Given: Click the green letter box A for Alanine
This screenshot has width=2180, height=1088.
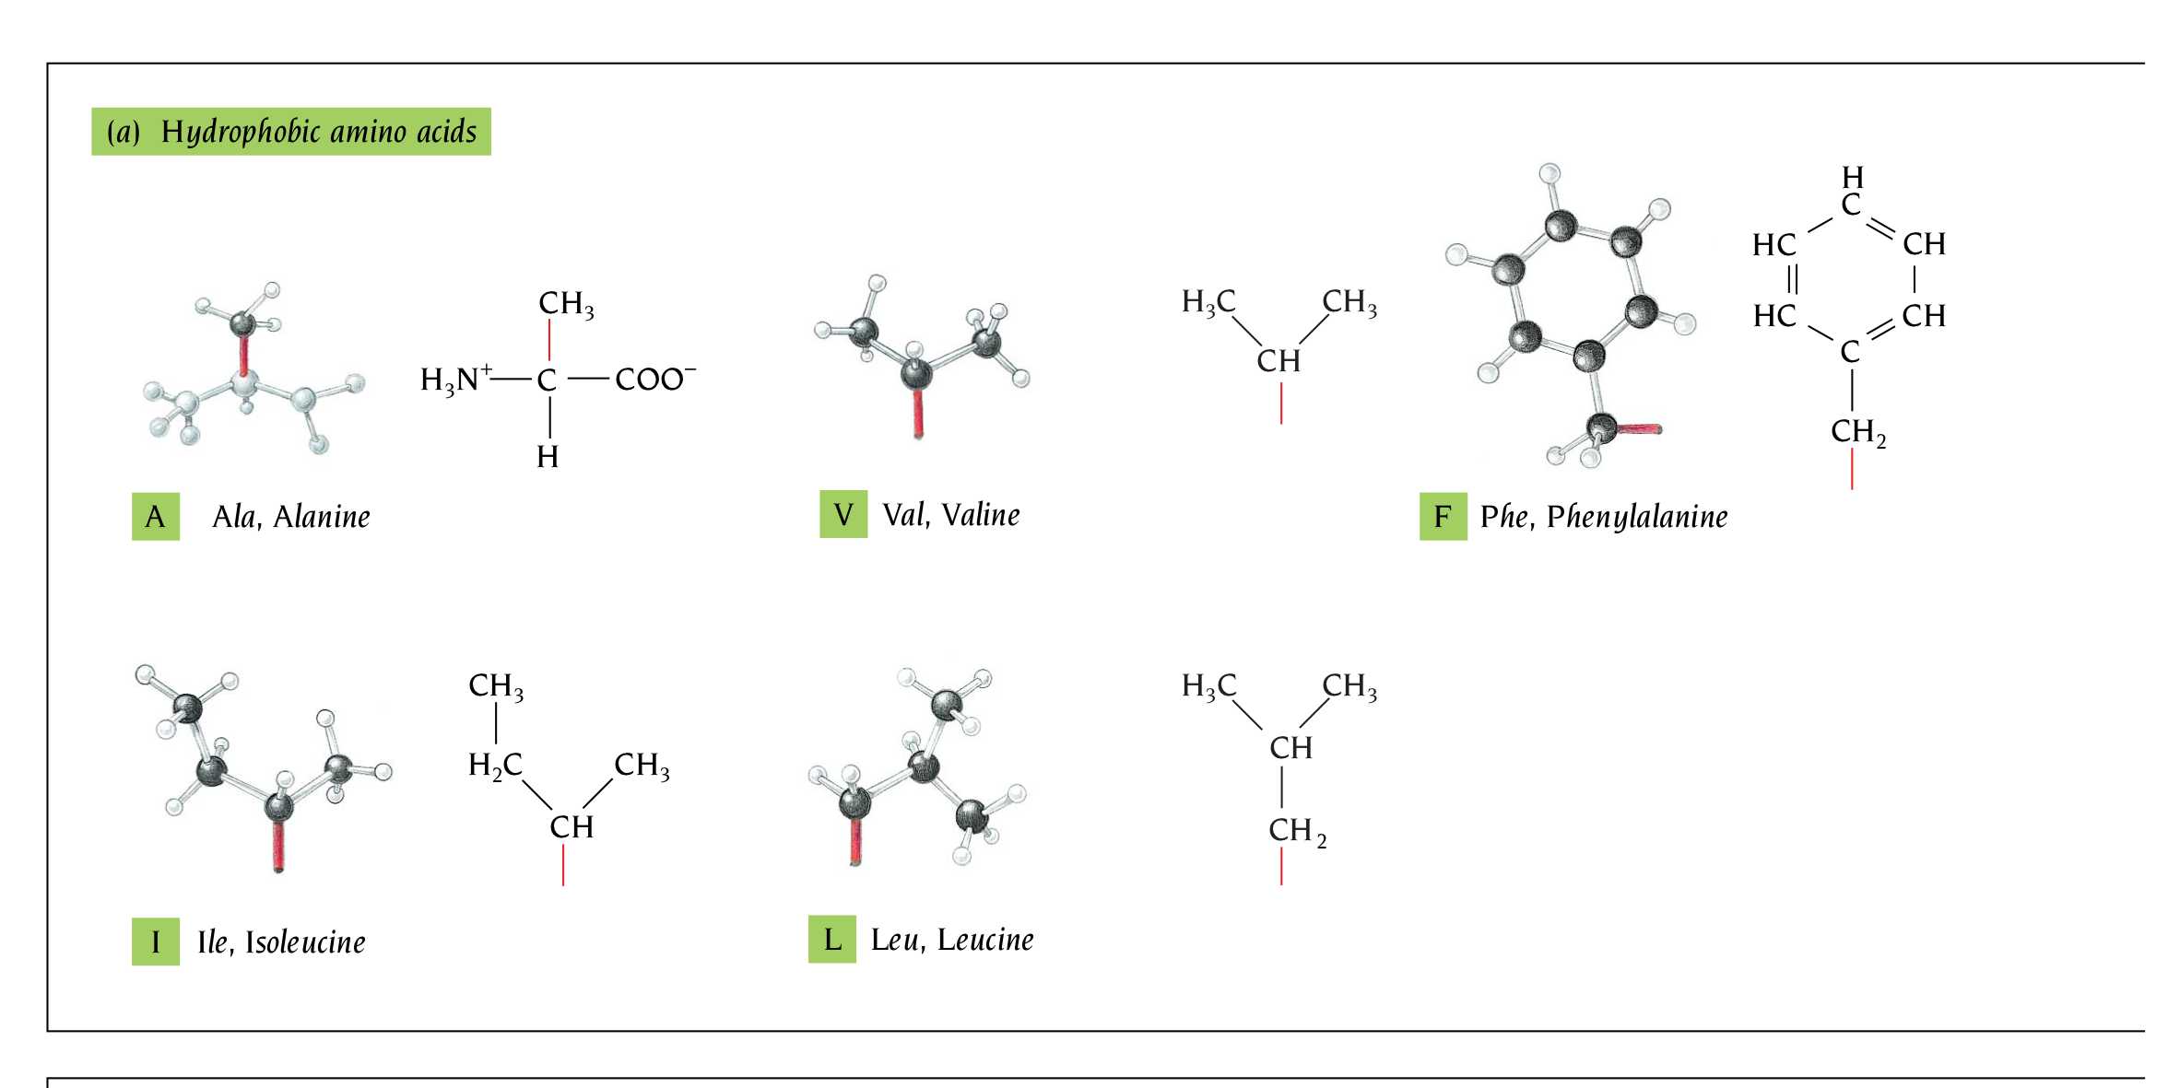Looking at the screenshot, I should tap(155, 516).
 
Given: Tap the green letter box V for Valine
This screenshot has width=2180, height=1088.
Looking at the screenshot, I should tap(843, 514).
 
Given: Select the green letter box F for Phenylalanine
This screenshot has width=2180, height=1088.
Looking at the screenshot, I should tap(1443, 516).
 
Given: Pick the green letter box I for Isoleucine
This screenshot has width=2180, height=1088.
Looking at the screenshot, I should tap(155, 942).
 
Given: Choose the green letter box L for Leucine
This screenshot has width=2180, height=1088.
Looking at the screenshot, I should tap(832, 940).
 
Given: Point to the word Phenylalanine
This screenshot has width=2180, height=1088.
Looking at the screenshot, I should tap(1637, 517).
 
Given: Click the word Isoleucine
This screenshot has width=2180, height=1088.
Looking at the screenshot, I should tap(305, 942).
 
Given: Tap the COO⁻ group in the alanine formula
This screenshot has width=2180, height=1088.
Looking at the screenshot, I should tap(654, 379).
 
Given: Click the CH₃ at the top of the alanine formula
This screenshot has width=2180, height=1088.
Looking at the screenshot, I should tap(565, 303).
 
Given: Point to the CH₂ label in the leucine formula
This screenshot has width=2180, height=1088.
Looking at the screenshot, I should tap(1296, 830).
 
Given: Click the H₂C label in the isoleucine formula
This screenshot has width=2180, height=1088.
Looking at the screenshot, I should tap(495, 765).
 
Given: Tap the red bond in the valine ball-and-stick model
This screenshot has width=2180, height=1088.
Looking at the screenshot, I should tap(918, 413).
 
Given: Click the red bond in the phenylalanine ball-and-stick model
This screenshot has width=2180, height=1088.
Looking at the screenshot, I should tap(1639, 429).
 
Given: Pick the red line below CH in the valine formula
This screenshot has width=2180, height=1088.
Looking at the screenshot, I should tap(1281, 404).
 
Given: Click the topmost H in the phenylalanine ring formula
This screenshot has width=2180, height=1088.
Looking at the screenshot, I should tap(1853, 177).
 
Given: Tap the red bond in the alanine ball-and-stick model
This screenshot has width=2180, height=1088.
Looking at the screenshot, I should tap(243, 355).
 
